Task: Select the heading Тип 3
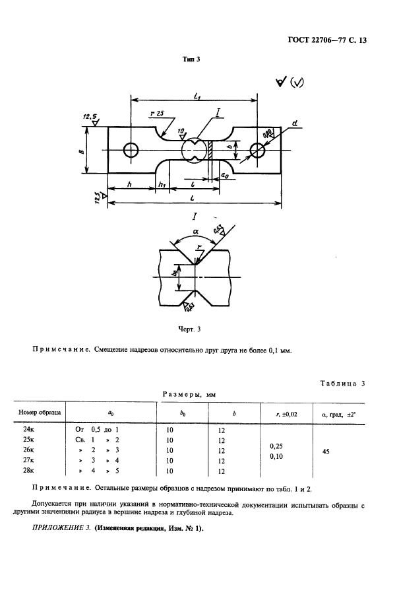[191, 59]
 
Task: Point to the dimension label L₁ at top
[197, 96]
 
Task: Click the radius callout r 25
[157, 114]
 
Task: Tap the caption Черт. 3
[192, 328]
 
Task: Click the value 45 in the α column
[324, 451]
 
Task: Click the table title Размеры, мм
[189, 395]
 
